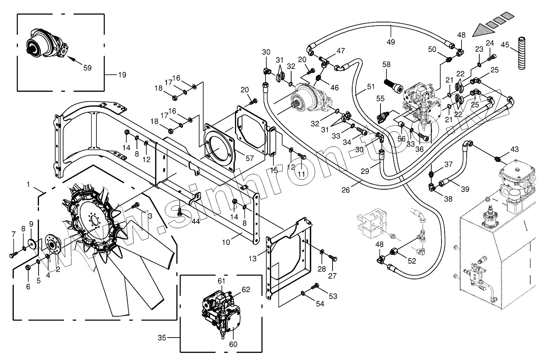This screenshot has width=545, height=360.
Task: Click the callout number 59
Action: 87,68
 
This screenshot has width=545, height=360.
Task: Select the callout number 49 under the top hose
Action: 390,42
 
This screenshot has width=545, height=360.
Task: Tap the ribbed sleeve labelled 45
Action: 521,53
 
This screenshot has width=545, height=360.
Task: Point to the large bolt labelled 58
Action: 394,86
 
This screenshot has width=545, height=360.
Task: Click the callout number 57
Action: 249,158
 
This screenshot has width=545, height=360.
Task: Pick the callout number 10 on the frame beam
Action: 226,242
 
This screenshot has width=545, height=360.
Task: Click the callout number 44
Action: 195,221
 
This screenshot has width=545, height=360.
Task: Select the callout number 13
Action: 253,258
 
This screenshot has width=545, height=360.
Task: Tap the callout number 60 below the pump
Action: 233,344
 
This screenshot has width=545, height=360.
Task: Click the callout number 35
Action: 162,338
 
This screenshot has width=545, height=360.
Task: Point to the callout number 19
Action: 122,75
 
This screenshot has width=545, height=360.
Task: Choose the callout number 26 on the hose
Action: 345,190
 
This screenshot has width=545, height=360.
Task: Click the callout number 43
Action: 514,149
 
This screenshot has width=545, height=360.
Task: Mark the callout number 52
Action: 412,261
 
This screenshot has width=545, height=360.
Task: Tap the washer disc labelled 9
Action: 31,242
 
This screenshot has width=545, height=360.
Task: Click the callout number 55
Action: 380,98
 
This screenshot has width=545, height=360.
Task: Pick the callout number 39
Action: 465,189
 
